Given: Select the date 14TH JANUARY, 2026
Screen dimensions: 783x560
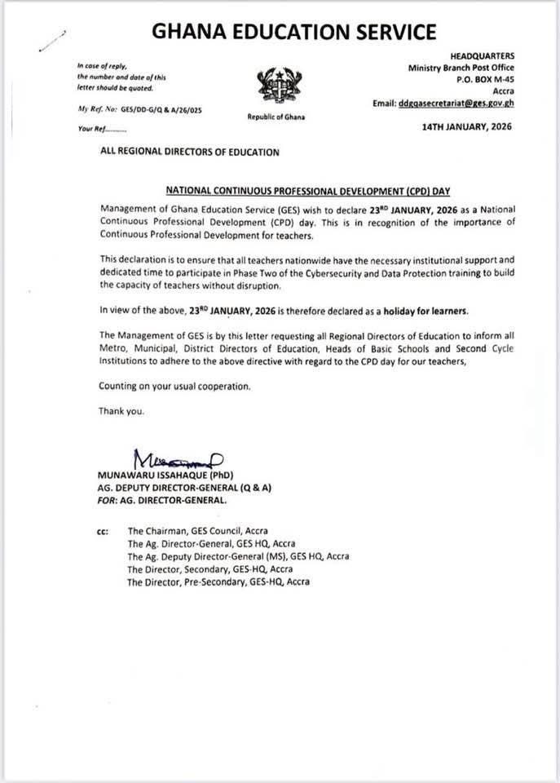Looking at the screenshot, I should (467, 126).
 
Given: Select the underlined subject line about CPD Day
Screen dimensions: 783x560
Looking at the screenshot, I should (280, 188).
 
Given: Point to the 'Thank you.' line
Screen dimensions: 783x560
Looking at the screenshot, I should (121, 411).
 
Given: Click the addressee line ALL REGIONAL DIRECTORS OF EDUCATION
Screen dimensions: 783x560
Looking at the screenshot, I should (188, 152).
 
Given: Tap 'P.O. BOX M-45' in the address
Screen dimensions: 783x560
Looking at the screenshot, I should (482, 80).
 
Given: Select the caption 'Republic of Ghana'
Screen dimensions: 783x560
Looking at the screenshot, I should (276, 117).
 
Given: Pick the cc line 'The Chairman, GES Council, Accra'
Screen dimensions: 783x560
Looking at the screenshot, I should (197, 530).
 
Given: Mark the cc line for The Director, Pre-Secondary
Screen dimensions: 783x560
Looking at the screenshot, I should (218, 582).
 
